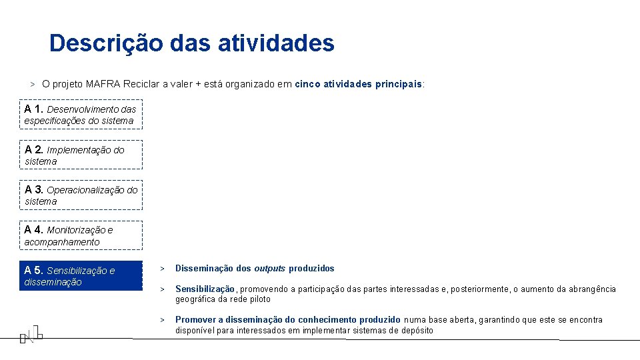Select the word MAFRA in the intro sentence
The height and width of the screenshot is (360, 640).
point(102,85)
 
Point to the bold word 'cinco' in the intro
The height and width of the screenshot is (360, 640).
point(307,85)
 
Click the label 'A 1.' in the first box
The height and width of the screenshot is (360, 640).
point(34,109)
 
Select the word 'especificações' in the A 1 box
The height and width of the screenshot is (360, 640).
point(55,121)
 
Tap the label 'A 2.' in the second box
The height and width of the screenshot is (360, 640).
point(34,149)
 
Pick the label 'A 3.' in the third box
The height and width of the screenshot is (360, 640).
point(34,189)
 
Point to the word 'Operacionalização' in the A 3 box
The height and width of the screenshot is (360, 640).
point(85,190)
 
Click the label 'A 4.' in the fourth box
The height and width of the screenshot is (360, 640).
point(34,229)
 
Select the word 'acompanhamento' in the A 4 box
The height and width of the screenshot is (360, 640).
point(62,242)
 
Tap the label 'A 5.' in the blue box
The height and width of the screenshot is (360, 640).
point(34,270)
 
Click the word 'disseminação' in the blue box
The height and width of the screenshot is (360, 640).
point(53,282)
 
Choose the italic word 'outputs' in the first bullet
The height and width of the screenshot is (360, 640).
point(270,269)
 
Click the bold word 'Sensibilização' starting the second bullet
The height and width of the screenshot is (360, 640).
point(205,289)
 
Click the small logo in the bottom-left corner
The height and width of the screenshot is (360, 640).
point(31,333)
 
